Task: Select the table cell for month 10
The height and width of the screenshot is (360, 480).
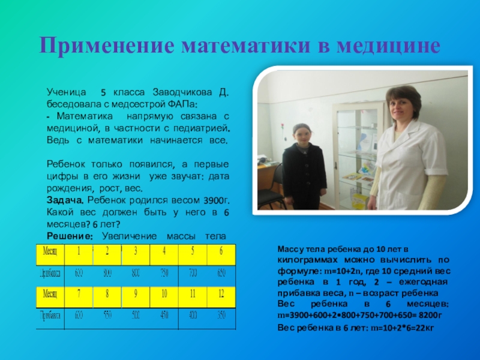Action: click(164, 293)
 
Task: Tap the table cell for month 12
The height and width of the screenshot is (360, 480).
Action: click(221, 293)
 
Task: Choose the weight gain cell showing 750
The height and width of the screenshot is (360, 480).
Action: click(164, 273)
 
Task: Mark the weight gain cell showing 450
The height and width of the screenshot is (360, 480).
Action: click(164, 315)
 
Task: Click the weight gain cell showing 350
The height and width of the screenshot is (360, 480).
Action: click(221, 315)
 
